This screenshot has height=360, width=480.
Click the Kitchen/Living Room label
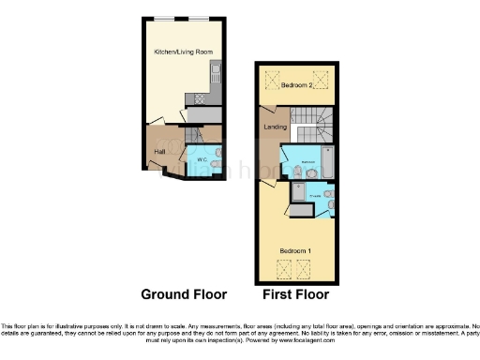coord(182,52)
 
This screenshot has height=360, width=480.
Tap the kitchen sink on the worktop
coord(215,70)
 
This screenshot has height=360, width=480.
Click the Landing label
coord(276,126)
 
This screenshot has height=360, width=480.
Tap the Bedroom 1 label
coord(296,251)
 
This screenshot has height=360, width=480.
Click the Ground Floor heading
coord(184,293)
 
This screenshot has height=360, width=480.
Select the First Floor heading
coord(296,293)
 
